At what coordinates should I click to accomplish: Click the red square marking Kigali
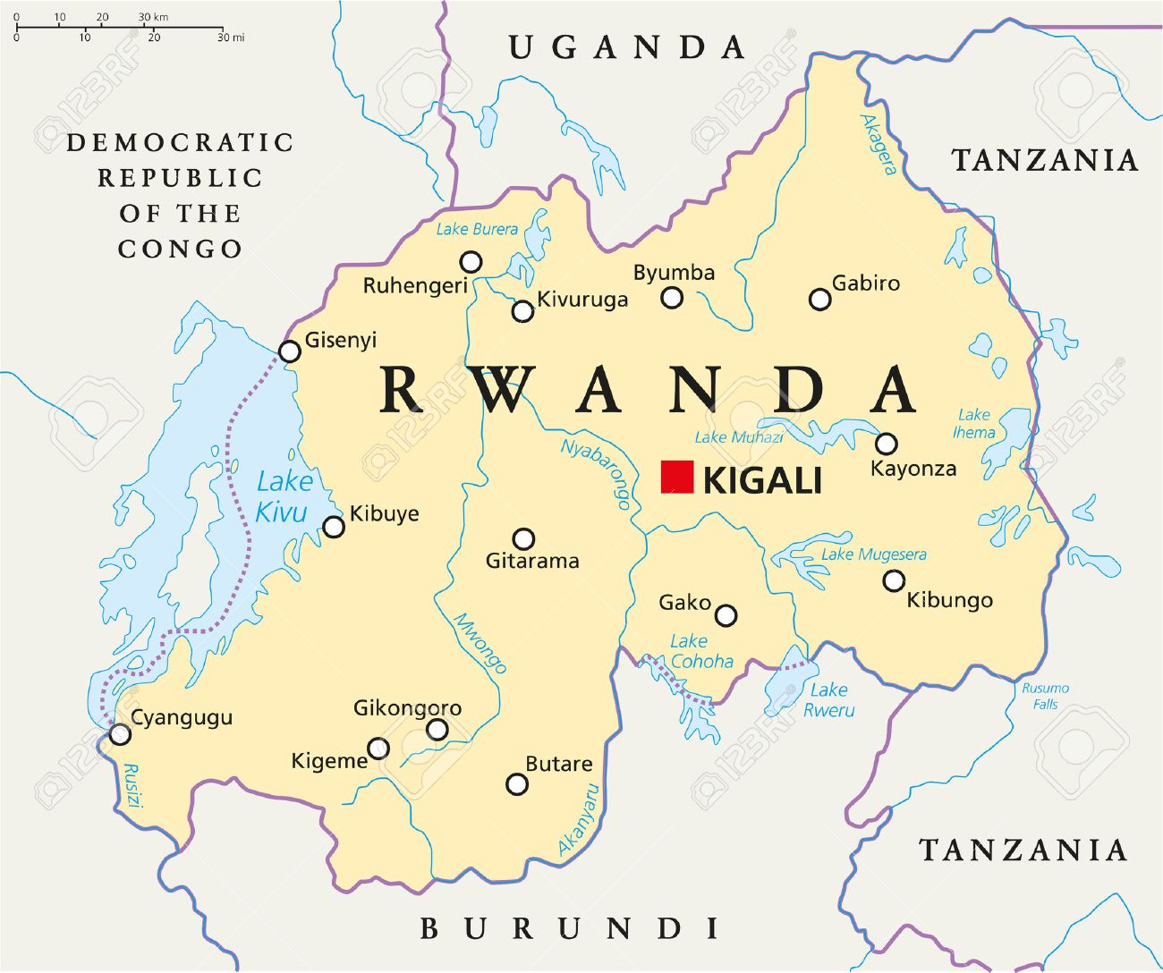click(x=677, y=477)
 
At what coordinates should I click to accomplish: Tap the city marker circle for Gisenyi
click(x=289, y=351)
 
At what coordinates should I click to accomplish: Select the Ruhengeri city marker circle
click(x=471, y=262)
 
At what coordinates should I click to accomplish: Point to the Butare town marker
click(x=516, y=784)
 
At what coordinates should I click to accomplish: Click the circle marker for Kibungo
click(x=893, y=581)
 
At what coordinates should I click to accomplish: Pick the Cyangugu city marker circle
click(x=119, y=734)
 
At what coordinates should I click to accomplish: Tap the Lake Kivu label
click(x=283, y=496)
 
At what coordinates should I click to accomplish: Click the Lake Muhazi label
click(x=739, y=437)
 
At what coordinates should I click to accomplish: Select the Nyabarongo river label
click(x=596, y=473)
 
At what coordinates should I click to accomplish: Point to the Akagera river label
click(x=878, y=144)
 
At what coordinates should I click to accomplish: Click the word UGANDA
click(x=627, y=47)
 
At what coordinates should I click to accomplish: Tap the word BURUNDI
click(x=570, y=929)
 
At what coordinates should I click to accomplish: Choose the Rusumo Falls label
click(x=1045, y=696)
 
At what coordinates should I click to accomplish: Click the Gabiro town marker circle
click(x=819, y=300)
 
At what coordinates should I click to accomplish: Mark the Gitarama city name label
click(x=532, y=562)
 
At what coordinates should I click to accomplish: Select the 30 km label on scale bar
click(x=154, y=17)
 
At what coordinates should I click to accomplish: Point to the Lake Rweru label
click(x=828, y=699)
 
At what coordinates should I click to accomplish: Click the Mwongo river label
click(x=480, y=643)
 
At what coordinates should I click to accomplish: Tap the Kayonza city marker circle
click(x=886, y=444)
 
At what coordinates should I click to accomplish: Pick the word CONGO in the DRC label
click(x=180, y=249)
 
